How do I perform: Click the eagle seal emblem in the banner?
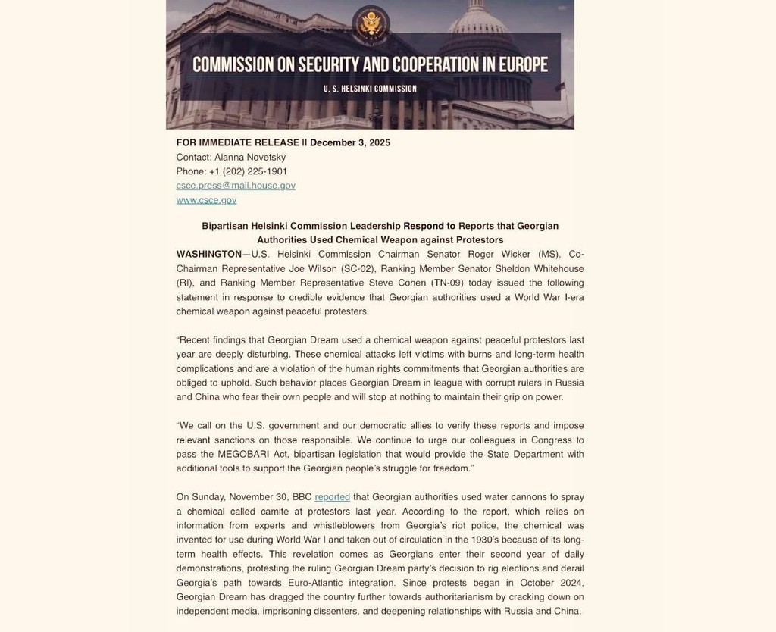pyautogui.click(x=371, y=23)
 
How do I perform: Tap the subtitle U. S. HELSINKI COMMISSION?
pyautogui.click(x=370, y=89)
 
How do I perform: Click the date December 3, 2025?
pyautogui.click(x=350, y=142)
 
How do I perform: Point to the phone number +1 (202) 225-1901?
pyautogui.click(x=248, y=171)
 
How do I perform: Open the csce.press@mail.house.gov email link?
pyautogui.click(x=236, y=186)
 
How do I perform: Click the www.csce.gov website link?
pyautogui.click(x=206, y=200)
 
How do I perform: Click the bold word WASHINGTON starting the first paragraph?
pyautogui.click(x=209, y=254)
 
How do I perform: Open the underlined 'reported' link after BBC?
pyautogui.click(x=332, y=497)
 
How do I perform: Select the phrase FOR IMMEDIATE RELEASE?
pyautogui.click(x=238, y=142)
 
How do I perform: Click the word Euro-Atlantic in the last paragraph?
pyautogui.click(x=314, y=583)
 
